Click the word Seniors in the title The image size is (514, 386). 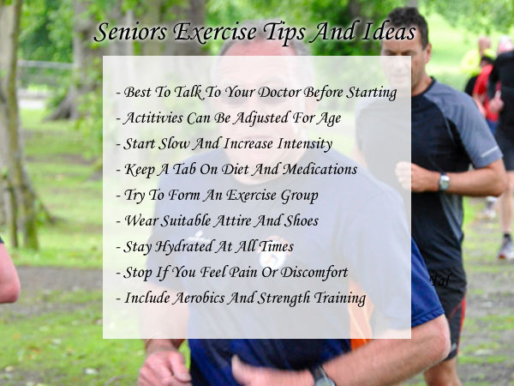coord(131,33)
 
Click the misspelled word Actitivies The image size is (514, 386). coord(153,118)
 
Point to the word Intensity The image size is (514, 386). coord(305,144)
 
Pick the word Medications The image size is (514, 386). coord(320,169)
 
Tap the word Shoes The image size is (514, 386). coord(301,221)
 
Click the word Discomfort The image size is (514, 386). coord(314,273)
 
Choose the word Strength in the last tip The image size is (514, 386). coord(284,299)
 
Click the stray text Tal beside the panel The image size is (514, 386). coord(439,280)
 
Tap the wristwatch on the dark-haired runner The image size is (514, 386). coord(444,182)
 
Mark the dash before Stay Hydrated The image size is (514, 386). coord(119,247)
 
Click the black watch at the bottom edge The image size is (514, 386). coord(323,377)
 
